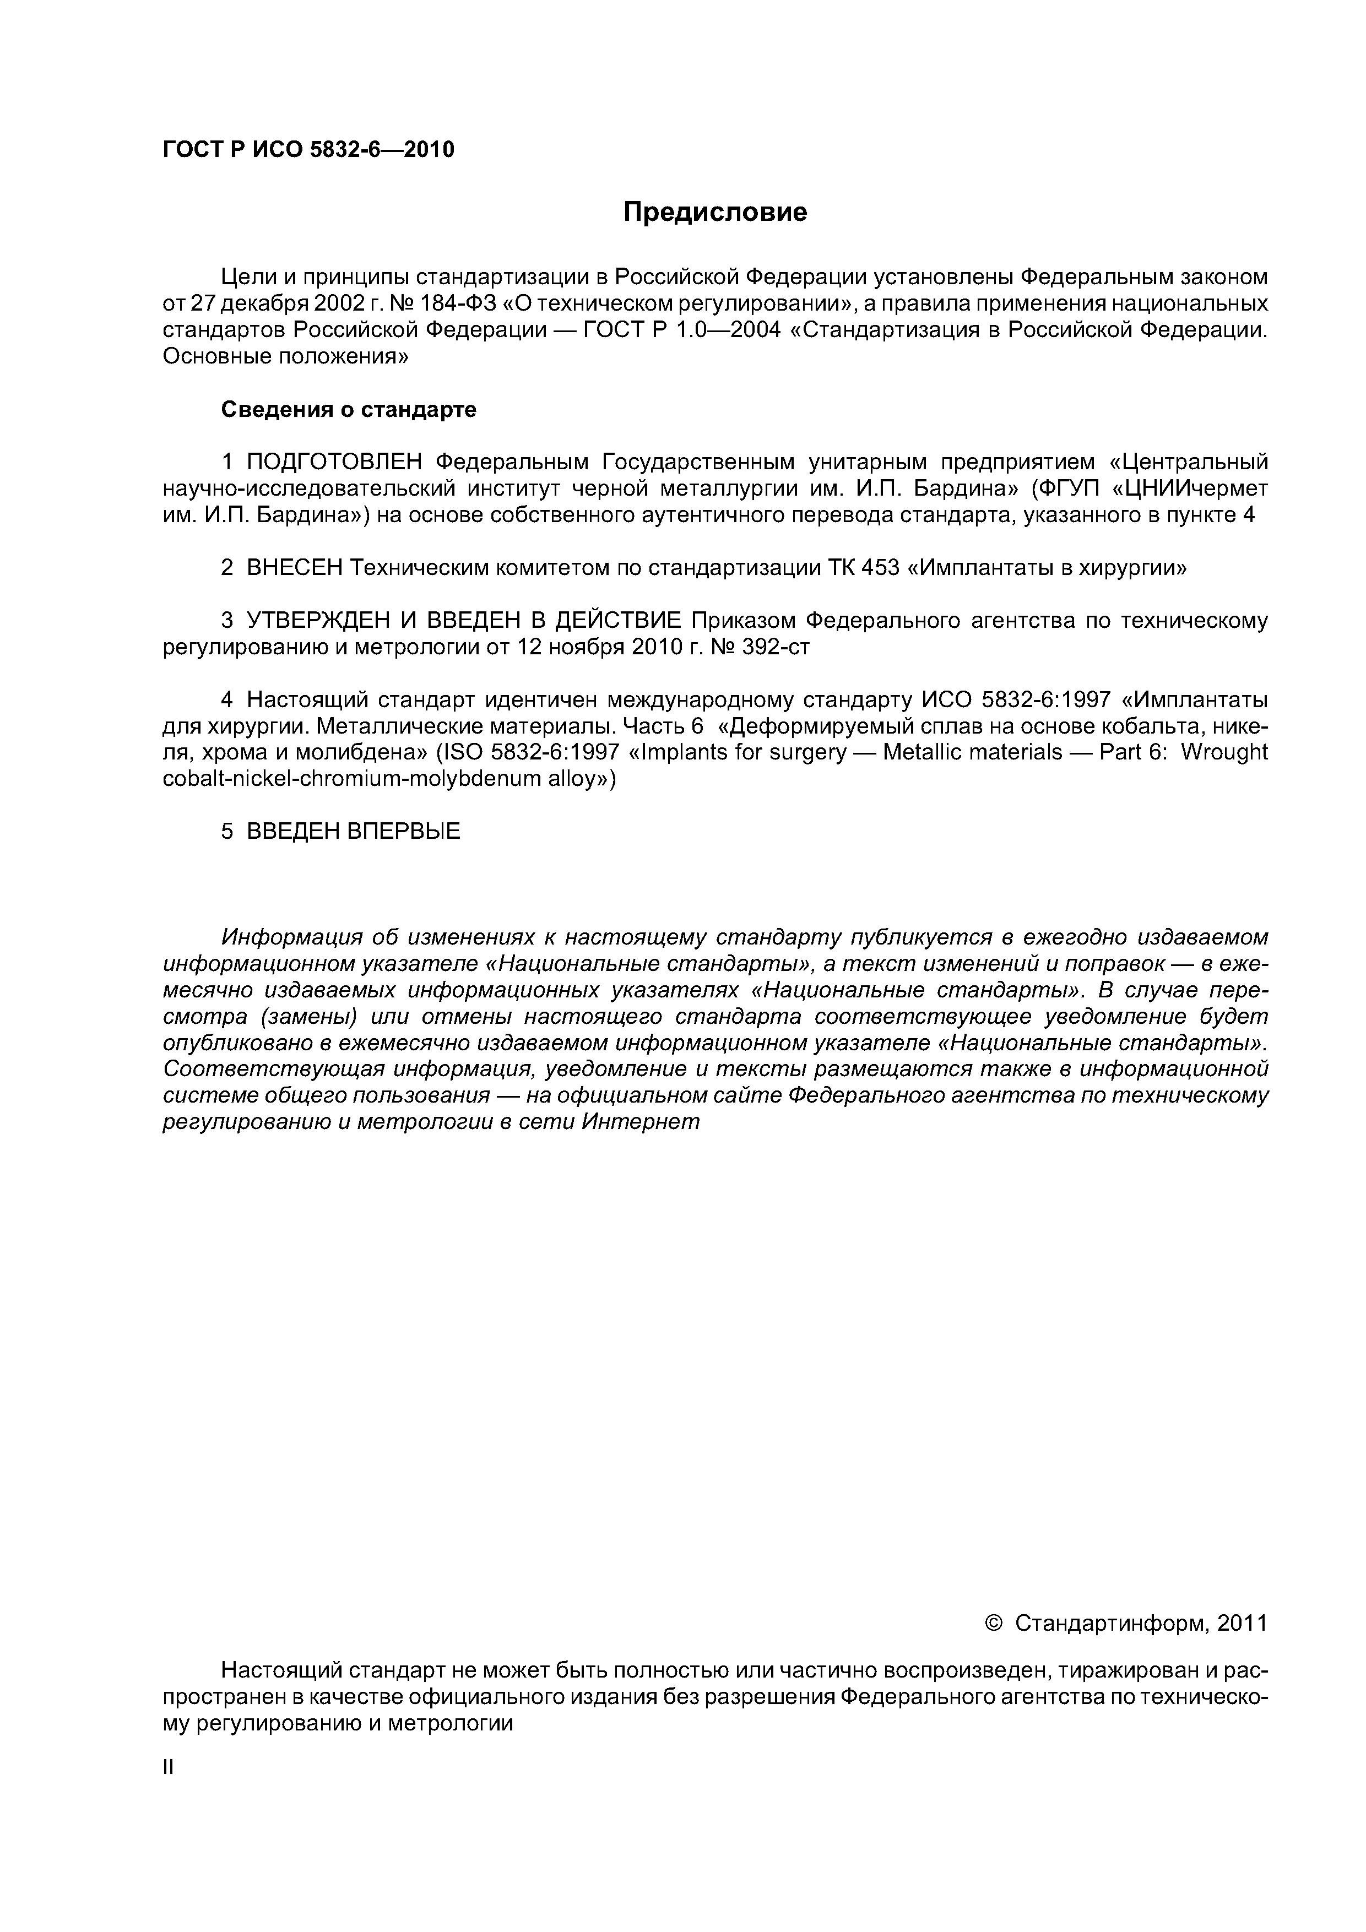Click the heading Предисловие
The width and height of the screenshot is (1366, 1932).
[714, 212]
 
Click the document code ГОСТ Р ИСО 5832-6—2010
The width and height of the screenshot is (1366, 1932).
[308, 150]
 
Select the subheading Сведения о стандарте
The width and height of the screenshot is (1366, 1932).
[349, 410]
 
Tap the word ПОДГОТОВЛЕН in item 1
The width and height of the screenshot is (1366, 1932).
[336, 462]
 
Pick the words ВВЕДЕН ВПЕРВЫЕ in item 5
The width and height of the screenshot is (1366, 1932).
[354, 832]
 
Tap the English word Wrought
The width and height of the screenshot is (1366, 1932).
[1224, 752]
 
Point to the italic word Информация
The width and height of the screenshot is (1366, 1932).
[291, 937]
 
